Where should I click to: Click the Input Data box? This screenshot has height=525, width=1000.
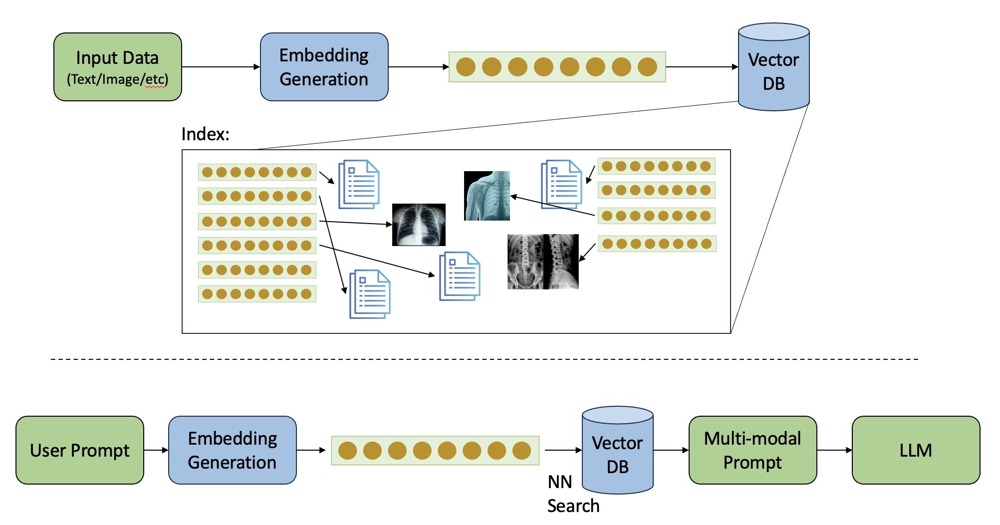pyautogui.click(x=117, y=67)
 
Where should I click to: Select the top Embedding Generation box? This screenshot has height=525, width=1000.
pyautogui.click(x=324, y=67)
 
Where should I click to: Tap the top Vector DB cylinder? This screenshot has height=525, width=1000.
pyautogui.click(x=773, y=70)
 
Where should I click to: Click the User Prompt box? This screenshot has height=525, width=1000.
pyautogui.click(x=80, y=450)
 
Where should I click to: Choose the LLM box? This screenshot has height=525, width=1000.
pyautogui.click(x=916, y=450)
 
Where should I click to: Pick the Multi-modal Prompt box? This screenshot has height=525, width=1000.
pyautogui.click(x=752, y=450)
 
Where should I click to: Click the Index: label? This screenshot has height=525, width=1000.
pyautogui.click(x=205, y=134)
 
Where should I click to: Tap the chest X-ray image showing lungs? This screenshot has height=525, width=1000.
pyautogui.click(x=419, y=225)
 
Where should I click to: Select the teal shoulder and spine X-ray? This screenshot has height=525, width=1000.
pyautogui.click(x=487, y=196)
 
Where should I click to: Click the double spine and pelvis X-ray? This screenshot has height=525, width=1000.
pyautogui.click(x=543, y=262)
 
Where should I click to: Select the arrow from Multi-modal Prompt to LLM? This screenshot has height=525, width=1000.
pyautogui.click(x=834, y=450)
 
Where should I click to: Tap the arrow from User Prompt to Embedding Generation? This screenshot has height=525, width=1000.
pyautogui.click(x=156, y=450)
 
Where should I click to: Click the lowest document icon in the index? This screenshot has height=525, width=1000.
pyautogui.click(x=370, y=294)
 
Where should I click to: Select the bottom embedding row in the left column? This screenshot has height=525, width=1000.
pyautogui.click(x=257, y=294)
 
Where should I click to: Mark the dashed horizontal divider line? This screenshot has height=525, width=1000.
pyautogui.click(x=484, y=359)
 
